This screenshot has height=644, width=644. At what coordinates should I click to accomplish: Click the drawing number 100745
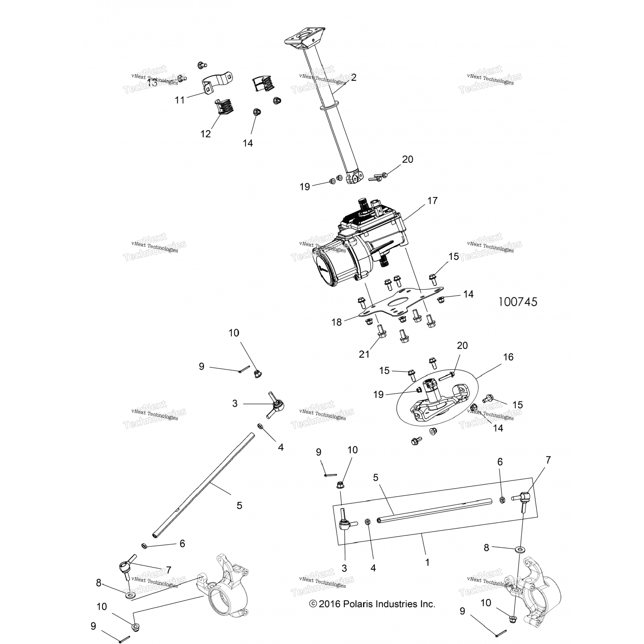pyautogui.click(x=517, y=302)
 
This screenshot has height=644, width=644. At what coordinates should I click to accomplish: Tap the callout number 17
pyautogui.click(x=432, y=200)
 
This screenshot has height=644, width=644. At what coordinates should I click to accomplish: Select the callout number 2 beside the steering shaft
pyautogui.click(x=353, y=78)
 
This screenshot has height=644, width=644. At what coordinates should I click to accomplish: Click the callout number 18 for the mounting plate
pyautogui.click(x=337, y=322)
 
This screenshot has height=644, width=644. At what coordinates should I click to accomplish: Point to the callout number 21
pyautogui.click(x=364, y=354)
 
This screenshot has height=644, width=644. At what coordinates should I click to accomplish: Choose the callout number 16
pyautogui.click(x=508, y=357)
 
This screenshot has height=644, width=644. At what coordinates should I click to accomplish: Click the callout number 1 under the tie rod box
pyautogui.click(x=427, y=562)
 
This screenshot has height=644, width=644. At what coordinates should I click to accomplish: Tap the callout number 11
pyautogui.click(x=179, y=100)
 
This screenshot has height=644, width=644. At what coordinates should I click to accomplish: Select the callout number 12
pyautogui.click(x=206, y=134)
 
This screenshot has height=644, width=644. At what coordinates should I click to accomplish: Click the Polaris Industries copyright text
pyautogui.click(x=372, y=604)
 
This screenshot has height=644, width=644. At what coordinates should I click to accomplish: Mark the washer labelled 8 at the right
pyautogui.click(x=521, y=549)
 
